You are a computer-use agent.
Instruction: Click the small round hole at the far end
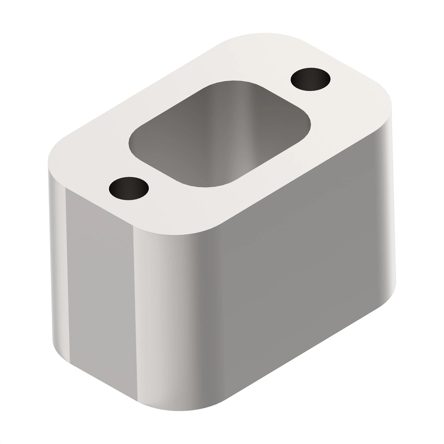[310, 79]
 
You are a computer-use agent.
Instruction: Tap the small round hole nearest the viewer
[129, 188]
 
